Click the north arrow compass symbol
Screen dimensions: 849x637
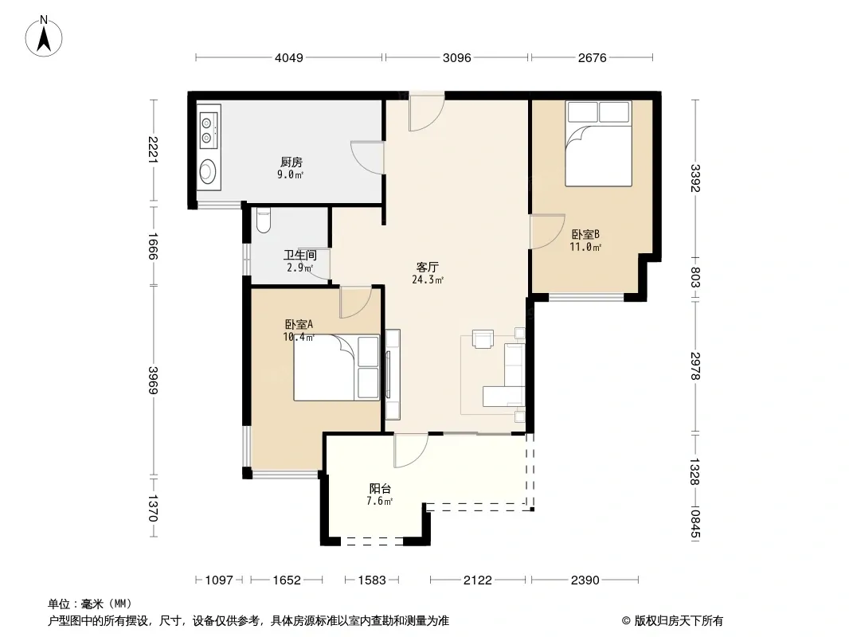(44, 37)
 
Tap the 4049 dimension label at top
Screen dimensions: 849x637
(289, 57)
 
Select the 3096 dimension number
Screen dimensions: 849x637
(457, 57)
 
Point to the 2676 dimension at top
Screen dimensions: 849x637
(592, 57)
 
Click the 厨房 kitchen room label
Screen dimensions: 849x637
(291, 162)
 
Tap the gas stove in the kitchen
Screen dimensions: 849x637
(208, 130)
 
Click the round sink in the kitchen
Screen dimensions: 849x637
(207, 171)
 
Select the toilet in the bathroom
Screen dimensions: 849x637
(263, 220)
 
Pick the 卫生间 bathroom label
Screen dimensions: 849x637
(300, 255)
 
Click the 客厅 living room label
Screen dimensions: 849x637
(427, 267)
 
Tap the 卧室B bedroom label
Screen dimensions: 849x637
(585, 234)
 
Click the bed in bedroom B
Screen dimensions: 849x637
(598, 143)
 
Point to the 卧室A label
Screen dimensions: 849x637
(299, 324)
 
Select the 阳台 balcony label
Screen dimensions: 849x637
(380, 488)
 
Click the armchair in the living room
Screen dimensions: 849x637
(483, 338)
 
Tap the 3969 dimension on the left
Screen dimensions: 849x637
(153, 381)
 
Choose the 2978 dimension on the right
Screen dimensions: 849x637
(695, 366)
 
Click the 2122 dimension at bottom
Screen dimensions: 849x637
(478, 580)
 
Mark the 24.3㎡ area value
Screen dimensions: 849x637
(428, 279)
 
